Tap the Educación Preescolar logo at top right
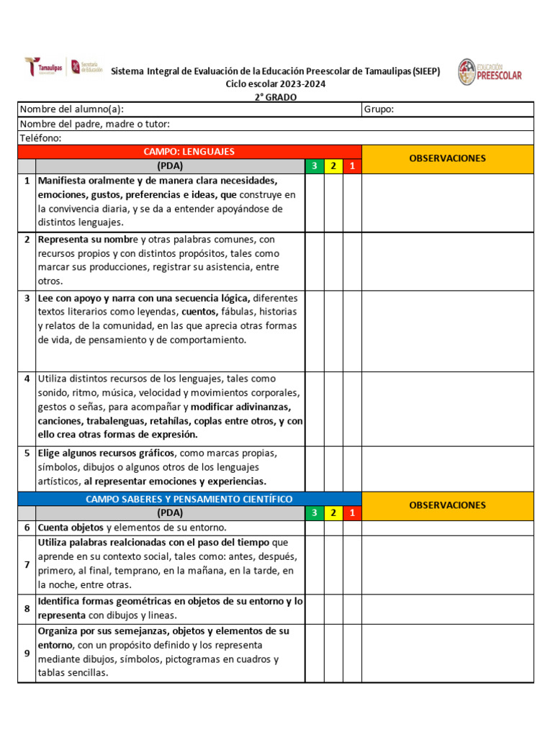click(x=490, y=72)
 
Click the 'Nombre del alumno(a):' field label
click(x=71, y=109)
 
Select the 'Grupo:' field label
click(x=379, y=109)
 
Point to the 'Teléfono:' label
click(x=40, y=137)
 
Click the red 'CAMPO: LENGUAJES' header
click(x=189, y=152)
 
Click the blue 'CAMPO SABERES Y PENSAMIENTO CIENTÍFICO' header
click(x=189, y=499)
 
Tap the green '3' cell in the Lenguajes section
click(x=314, y=166)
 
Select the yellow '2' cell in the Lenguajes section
click(x=333, y=166)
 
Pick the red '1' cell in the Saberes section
click(x=352, y=513)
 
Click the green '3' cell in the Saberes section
click(x=314, y=513)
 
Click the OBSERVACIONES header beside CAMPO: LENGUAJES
click(x=447, y=158)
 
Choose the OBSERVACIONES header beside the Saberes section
click(x=447, y=505)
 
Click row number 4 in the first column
click(x=27, y=379)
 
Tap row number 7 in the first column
click(x=27, y=564)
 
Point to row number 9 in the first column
click(x=27, y=653)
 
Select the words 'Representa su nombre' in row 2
click(x=88, y=239)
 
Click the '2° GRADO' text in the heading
click(x=276, y=97)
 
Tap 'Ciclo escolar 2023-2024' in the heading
click(x=276, y=84)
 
